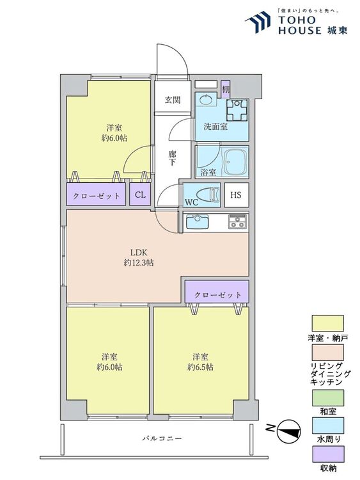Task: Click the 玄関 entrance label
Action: click(173, 100)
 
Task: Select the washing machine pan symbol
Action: click(237, 110)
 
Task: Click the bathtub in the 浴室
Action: click(235, 161)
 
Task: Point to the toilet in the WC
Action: click(208, 195)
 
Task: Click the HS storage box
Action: click(236, 195)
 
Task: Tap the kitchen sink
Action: click(198, 221)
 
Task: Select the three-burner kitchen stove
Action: click(238, 221)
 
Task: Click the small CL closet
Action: click(140, 195)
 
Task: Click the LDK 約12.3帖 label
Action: click(139, 257)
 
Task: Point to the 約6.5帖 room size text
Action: click(201, 367)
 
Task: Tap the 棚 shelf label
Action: click(226, 90)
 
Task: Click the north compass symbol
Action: click(288, 431)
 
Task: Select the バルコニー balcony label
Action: click(162, 438)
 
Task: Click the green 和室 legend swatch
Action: click(327, 397)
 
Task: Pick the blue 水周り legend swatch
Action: click(327, 426)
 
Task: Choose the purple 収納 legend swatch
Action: click(327, 454)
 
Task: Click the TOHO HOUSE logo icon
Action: click(258, 21)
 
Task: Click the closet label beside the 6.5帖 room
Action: click(218, 295)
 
